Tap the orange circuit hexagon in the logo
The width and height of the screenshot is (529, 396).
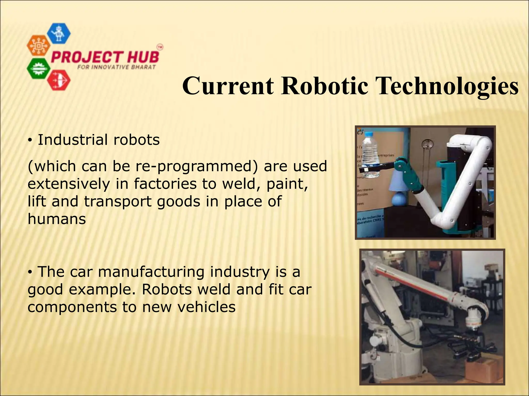click(38, 46)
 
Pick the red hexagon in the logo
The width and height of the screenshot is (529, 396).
click(59, 80)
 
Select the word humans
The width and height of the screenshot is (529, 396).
click(57, 219)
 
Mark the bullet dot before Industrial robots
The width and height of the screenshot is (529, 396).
click(30, 140)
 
